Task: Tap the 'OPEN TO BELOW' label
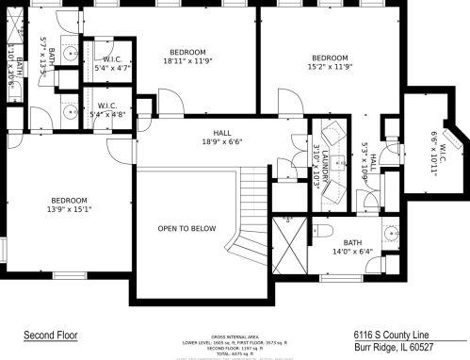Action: coord(186,229)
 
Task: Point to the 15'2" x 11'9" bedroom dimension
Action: coord(330,67)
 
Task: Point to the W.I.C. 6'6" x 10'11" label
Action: coord(437,147)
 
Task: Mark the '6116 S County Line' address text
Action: coord(392,334)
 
